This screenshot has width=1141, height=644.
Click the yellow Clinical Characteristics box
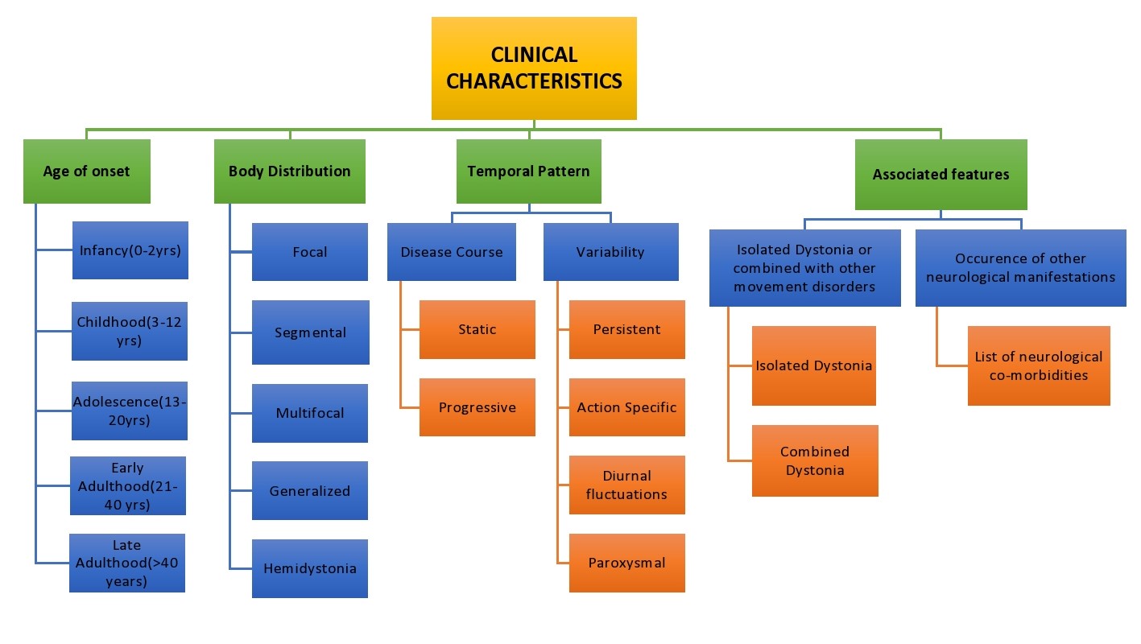[x=534, y=68]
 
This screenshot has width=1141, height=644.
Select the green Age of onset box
[x=87, y=171]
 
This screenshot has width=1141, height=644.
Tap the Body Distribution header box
[x=289, y=171]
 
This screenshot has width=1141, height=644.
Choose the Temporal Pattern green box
[x=529, y=171]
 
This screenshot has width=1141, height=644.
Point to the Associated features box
[x=940, y=174]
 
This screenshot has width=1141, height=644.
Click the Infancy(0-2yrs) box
[x=130, y=250]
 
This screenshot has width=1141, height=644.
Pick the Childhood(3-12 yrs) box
[x=130, y=331]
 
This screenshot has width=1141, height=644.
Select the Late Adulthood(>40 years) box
[x=127, y=563]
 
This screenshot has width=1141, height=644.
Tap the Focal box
[x=310, y=251]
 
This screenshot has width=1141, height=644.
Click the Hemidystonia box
[x=310, y=568]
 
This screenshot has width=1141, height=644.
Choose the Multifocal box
[x=310, y=413]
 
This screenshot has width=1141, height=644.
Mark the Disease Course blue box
[x=451, y=251]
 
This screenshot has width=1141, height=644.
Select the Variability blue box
[x=610, y=251]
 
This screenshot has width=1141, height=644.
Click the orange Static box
[x=477, y=329]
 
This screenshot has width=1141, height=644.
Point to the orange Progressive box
[x=477, y=407]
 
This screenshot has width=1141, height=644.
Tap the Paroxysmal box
[x=626, y=563]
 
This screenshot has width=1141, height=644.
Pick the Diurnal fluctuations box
[x=626, y=485]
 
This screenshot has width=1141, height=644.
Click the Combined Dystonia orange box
[x=815, y=460]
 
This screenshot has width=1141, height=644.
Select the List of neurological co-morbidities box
[x=1039, y=365]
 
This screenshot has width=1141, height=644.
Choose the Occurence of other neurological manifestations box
[x=1021, y=268]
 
